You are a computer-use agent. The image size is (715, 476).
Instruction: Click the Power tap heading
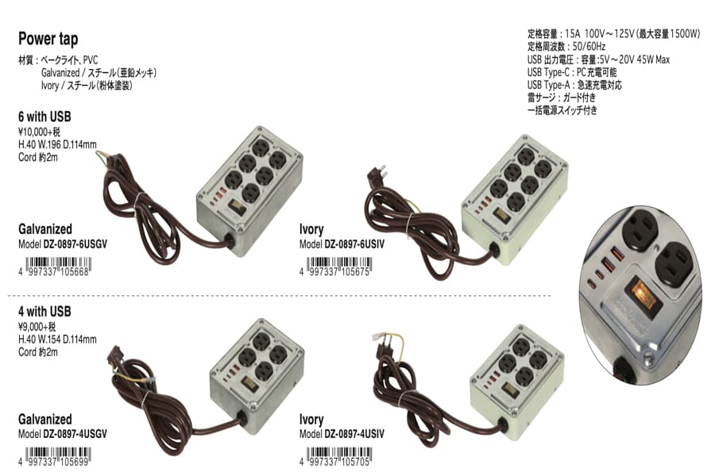coord(48,39)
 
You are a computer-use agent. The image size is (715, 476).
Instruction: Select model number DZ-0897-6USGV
coord(75,244)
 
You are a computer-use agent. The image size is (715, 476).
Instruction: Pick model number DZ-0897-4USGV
coord(75,434)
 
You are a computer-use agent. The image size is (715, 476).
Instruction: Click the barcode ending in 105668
coord(62,269)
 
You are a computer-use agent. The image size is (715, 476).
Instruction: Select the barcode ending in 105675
coord(344,269)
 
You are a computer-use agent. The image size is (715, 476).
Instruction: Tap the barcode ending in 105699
coord(62,459)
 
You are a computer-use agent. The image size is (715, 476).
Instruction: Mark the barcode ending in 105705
coord(344,459)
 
